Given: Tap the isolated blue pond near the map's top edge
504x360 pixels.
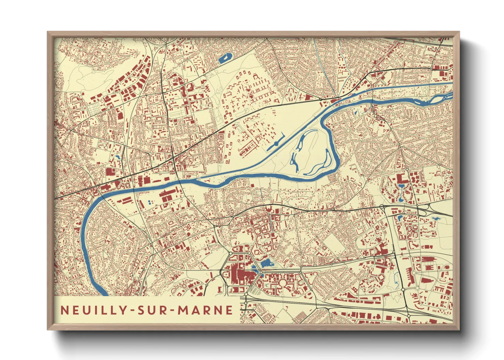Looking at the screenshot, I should tap(225, 59).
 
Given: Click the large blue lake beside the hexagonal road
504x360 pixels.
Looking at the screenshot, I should tap(266, 263).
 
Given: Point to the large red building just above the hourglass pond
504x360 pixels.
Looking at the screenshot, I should tap(401, 179).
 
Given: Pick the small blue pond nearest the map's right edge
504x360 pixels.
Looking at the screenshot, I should tap(436, 218).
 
